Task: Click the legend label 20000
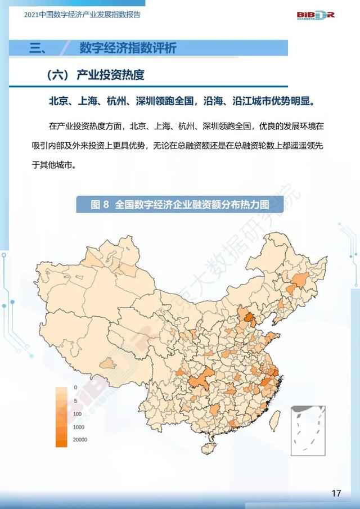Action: pos(80,440)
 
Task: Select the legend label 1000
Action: pos(78,427)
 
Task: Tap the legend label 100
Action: pos(77,413)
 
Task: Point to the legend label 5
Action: pos(75,400)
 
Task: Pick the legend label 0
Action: pos(75,388)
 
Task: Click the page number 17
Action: pos(336,493)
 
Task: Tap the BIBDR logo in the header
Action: pos(316,14)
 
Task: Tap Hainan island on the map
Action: pos(208,448)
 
